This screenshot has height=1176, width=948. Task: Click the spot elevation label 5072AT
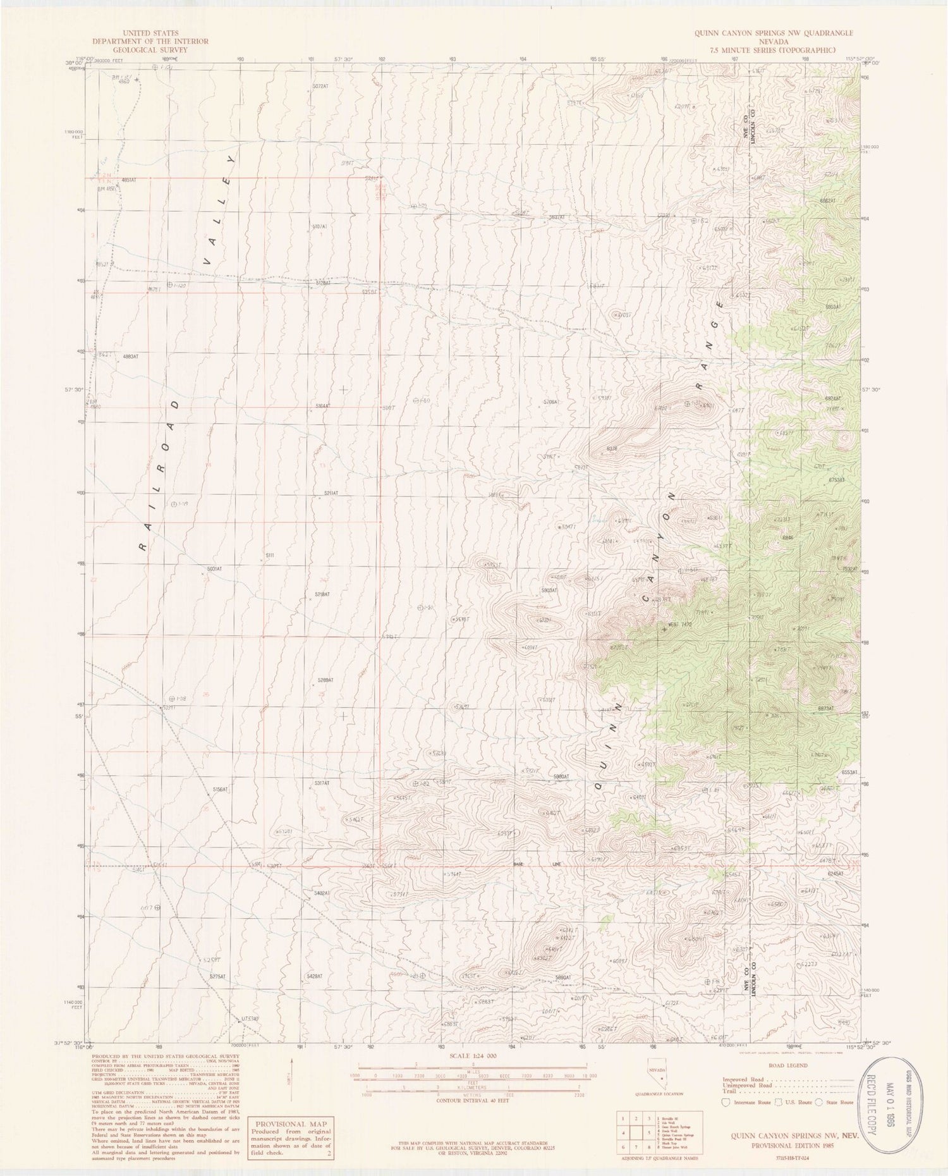(x=320, y=85)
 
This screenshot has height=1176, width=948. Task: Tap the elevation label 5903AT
(x=549, y=590)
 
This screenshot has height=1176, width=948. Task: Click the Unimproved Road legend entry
(x=745, y=1084)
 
